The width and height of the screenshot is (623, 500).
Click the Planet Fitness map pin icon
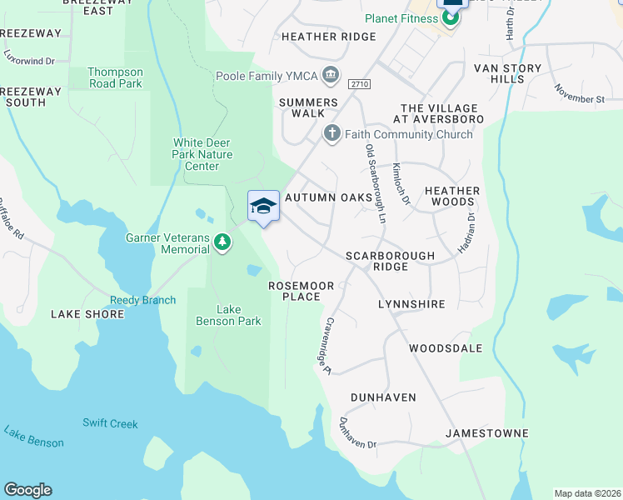pos(451,17)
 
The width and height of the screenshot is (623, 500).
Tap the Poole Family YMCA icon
pos(331,76)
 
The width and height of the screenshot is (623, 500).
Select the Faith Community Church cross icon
pos(331,133)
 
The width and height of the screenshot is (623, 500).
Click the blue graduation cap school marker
pos(263,207)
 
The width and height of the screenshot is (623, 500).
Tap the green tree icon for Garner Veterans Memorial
pos(222,242)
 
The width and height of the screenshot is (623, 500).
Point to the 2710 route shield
pos(359,84)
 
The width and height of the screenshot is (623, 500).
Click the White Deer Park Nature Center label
pos(202,154)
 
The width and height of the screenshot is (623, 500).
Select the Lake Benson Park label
pos(227,315)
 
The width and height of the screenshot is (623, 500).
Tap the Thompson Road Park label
pos(116,78)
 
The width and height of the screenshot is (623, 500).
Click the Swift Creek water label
pos(110,423)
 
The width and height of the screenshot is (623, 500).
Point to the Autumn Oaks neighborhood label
pos(326,197)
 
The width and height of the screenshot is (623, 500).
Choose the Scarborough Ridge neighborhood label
pos(391,261)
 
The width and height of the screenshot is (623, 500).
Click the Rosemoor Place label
pos(301,291)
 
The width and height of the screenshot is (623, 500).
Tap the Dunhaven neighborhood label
pos(383,397)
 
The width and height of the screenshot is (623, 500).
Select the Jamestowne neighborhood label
pos(487,433)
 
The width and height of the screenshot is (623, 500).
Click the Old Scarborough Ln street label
pos(376,183)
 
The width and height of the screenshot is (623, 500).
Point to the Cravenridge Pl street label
pos(328,345)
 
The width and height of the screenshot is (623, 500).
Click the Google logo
pos(27,490)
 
